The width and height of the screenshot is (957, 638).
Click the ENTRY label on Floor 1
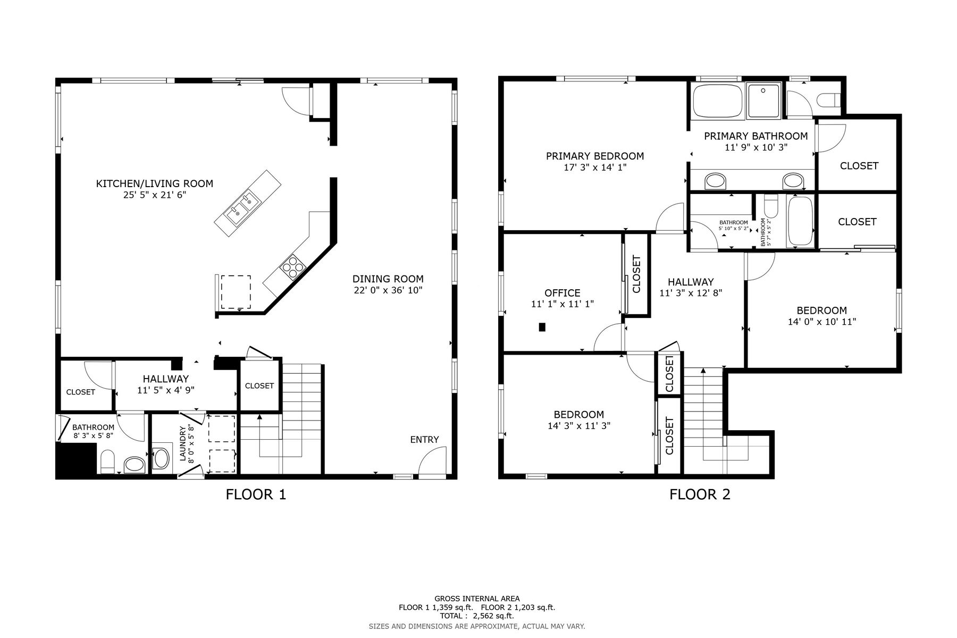coord(424,440)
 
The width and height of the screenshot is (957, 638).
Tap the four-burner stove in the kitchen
coord(293,267)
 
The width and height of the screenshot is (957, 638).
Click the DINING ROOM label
coord(388,279)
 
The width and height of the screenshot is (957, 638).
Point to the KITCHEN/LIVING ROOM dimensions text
coord(154,195)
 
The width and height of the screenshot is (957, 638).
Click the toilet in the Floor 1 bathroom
coord(107,461)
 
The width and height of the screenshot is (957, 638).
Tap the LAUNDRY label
coord(183,443)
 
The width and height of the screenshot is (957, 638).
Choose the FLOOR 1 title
coord(256,494)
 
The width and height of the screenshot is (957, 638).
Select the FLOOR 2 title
coord(700,494)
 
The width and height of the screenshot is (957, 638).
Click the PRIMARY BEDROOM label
coord(595,156)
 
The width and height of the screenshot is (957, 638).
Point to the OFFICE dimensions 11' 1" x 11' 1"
coord(563,304)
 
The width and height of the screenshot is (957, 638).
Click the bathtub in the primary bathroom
coord(717,101)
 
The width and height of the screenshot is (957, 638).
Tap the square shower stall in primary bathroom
coord(763,100)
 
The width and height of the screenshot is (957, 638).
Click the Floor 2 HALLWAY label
coord(691,282)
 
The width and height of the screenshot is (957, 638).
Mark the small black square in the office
coord(542,327)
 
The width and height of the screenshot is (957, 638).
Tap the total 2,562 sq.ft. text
coord(477,616)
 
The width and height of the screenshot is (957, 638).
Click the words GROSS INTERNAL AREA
coord(477,599)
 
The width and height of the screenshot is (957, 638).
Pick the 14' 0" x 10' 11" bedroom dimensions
coord(822,322)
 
